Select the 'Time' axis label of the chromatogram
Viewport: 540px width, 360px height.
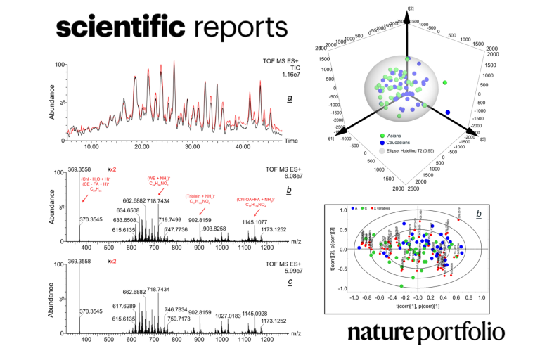(291, 141)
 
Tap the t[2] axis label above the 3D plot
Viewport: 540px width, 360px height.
(406, 7)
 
